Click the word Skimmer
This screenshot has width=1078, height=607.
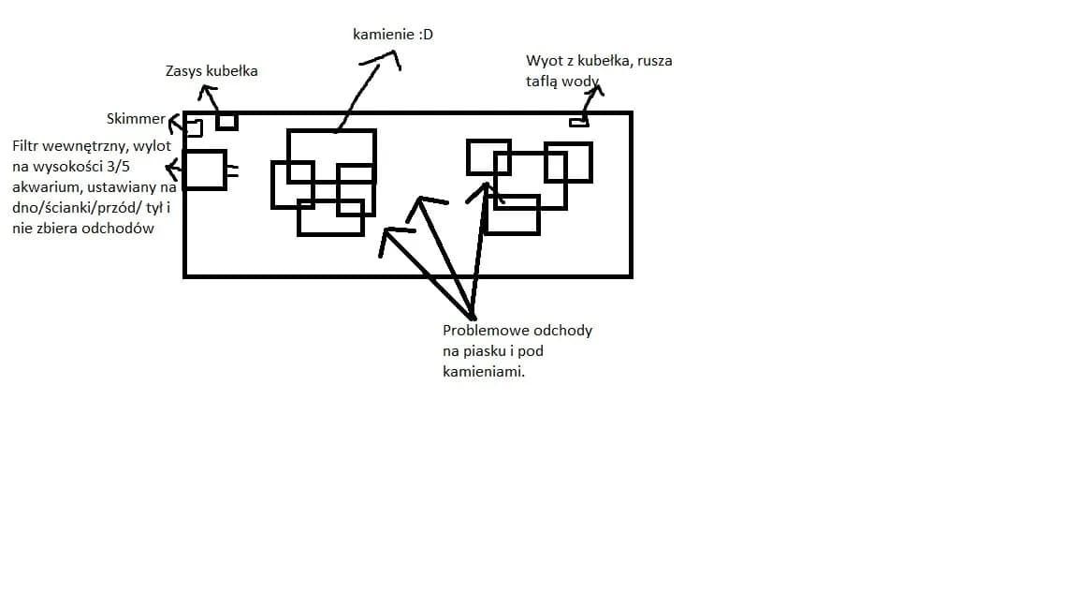point(136,119)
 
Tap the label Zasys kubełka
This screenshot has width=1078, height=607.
point(211,71)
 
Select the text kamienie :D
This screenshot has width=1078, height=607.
point(392,36)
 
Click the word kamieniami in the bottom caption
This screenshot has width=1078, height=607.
point(483,372)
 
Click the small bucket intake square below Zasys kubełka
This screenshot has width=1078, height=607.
point(226,122)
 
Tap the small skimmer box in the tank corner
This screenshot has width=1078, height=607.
point(194,127)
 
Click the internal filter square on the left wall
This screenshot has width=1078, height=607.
point(205,170)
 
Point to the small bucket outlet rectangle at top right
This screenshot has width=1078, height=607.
point(579,123)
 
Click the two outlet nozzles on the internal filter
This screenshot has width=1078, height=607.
point(232,171)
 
